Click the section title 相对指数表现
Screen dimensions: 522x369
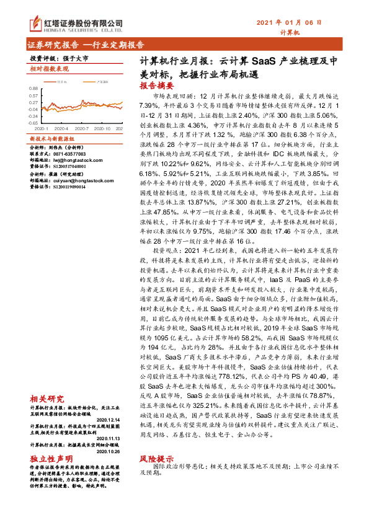point(49,69)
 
